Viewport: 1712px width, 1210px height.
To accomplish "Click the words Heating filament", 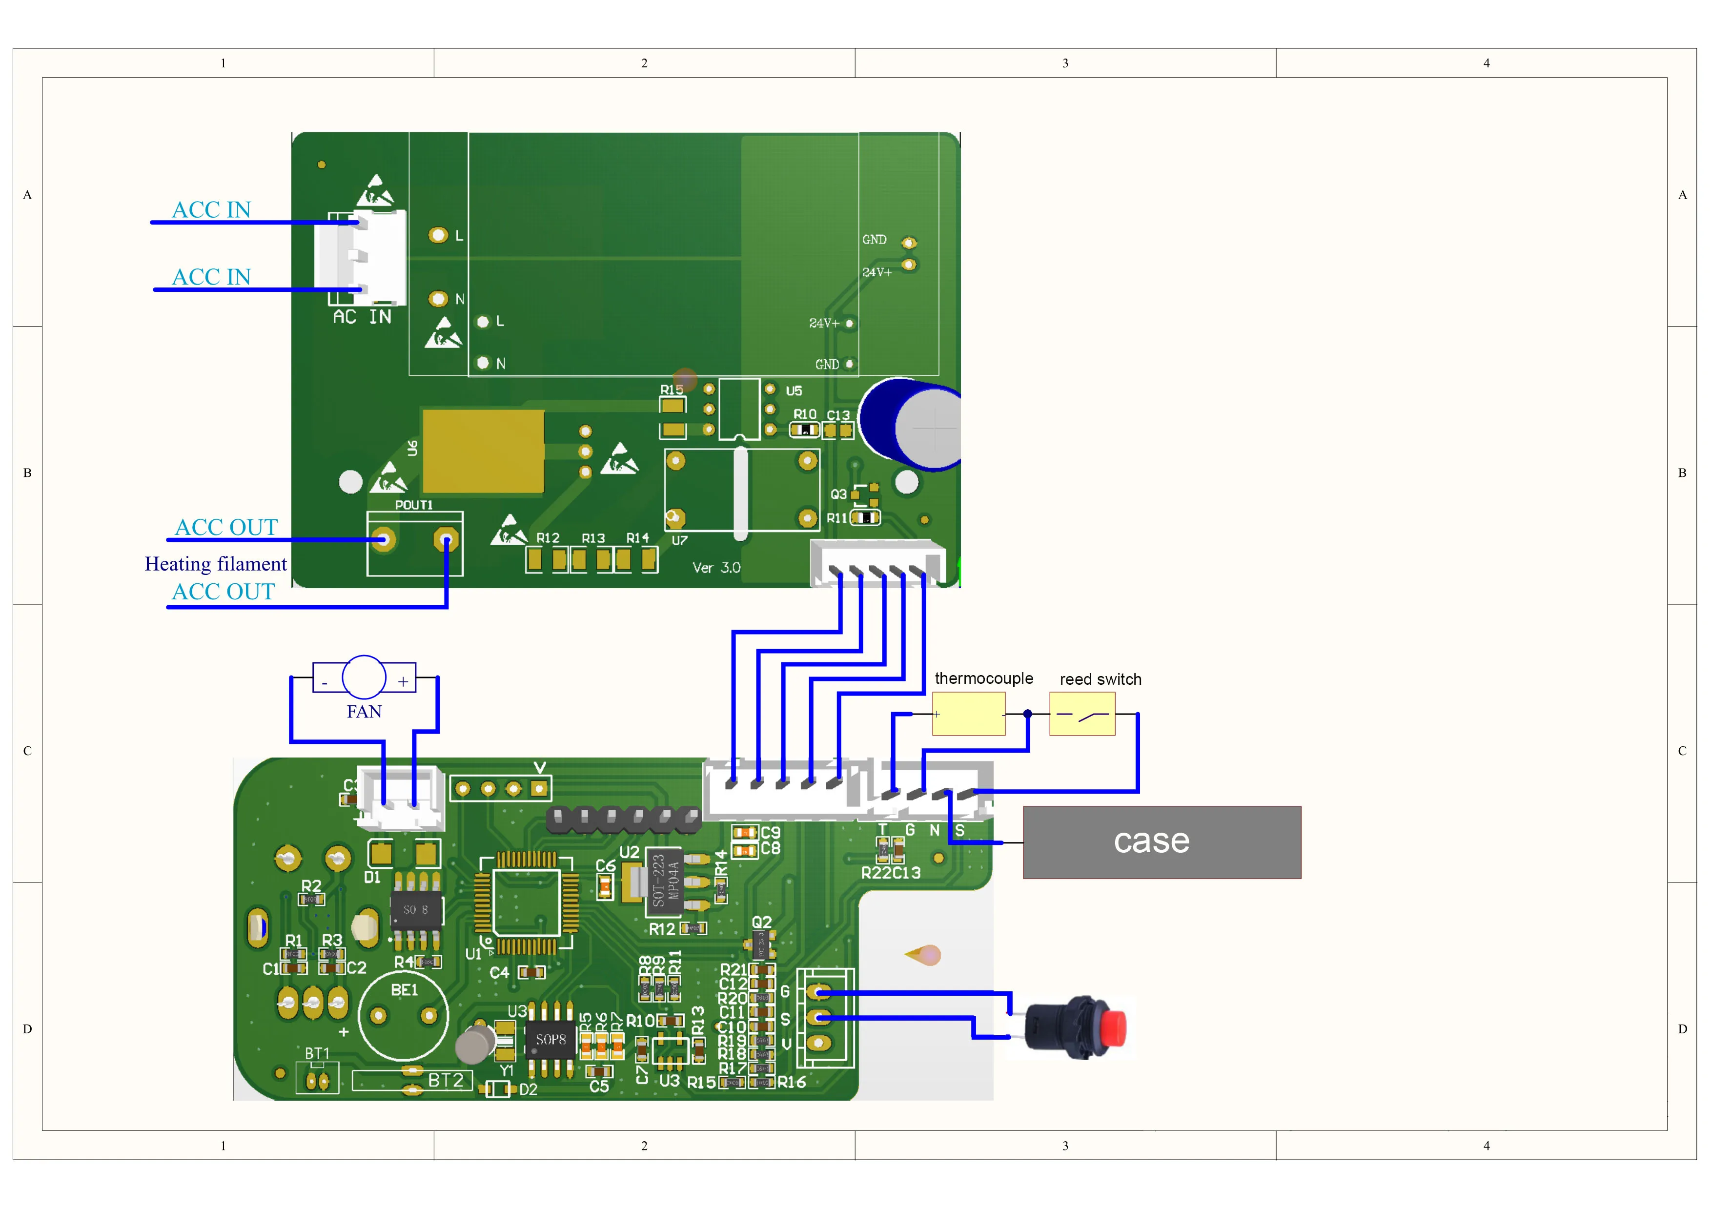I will click(216, 564).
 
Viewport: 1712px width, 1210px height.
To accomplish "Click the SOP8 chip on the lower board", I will click(550, 1039).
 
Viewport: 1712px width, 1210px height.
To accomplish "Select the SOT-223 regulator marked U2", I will click(664, 881).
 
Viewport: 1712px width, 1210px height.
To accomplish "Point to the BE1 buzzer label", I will click(404, 990).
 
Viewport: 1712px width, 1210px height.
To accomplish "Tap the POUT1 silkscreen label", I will click(414, 505).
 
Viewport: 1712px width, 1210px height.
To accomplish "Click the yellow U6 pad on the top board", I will click(483, 451).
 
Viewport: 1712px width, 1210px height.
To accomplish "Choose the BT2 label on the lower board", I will click(445, 1080).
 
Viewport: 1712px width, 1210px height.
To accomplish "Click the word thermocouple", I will click(983, 678).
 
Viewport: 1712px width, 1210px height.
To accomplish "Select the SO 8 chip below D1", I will click(415, 909).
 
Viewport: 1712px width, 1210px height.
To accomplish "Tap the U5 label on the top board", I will click(794, 390).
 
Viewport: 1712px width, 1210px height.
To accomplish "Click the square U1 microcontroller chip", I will click(527, 902).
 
